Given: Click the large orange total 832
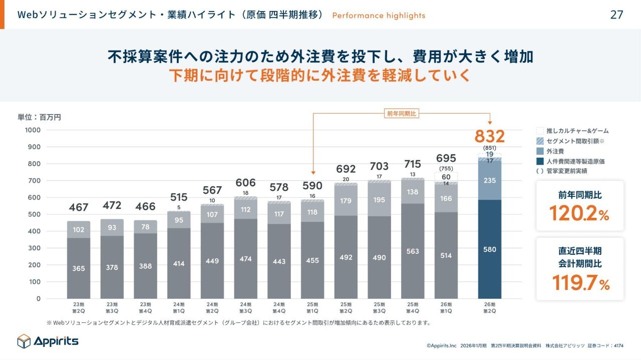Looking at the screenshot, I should tap(489, 136).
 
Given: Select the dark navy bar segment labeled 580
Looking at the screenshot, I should tap(489, 248).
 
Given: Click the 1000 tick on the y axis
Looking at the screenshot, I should tap(33, 130).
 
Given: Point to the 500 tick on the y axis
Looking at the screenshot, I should tap(35, 214).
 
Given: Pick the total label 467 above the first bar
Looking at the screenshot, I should tap(79, 207).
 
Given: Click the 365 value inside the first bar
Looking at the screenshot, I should tap(79, 268).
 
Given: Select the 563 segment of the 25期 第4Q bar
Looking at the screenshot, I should tap(413, 251).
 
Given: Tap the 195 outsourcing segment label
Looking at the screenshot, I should tap(379, 200).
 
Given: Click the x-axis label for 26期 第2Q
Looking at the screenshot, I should tap(489, 307).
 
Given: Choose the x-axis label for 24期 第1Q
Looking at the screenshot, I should tap(179, 307).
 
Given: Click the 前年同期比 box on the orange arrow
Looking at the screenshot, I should tap(401, 114).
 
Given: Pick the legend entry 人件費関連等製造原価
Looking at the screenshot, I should tap(571, 161).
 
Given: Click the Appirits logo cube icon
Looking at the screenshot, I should tap(24, 341).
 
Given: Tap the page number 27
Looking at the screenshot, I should tap(616, 15).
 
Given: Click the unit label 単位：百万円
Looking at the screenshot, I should tap(40, 117).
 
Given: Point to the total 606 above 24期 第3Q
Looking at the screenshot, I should tap(245, 183).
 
